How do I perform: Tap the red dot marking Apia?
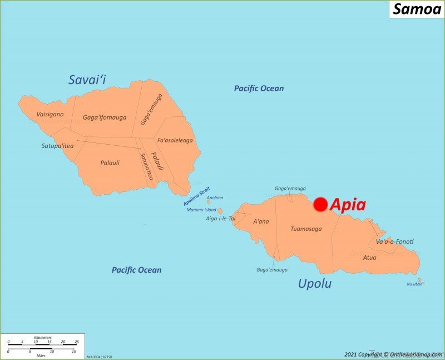320,205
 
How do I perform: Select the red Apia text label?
348,205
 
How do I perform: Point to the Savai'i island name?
87,80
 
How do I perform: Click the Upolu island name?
315,284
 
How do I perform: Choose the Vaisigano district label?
50,114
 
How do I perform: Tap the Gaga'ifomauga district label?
105,117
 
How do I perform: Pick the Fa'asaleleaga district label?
175,140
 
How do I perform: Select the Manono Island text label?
201,210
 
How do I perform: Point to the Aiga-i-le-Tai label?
221,219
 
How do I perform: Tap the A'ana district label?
261,221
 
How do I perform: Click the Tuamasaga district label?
306,229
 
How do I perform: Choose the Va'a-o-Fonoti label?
394,241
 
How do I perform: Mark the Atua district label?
369,258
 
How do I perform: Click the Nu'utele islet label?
415,284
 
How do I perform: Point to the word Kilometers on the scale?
42,337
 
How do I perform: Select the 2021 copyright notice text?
392,354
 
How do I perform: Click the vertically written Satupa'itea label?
146,166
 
